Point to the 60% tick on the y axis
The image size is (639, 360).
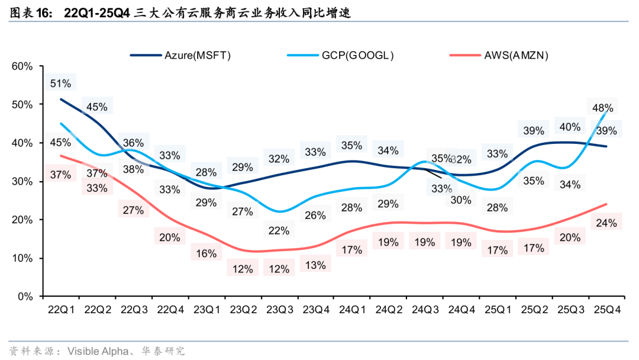pyautogui.click(x=22, y=66)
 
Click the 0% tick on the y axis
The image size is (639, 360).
pyautogui.click(x=25, y=296)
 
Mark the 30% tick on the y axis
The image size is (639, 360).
pyautogui.click(x=22, y=181)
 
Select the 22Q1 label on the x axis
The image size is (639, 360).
pyautogui.click(x=60, y=310)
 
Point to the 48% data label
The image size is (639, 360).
pyautogui.click(x=602, y=108)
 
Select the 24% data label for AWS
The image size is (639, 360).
pyautogui.click(x=606, y=223)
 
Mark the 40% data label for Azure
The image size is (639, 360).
pyautogui.click(x=569, y=127)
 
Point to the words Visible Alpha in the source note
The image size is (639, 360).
pyautogui.click(x=95, y=351)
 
